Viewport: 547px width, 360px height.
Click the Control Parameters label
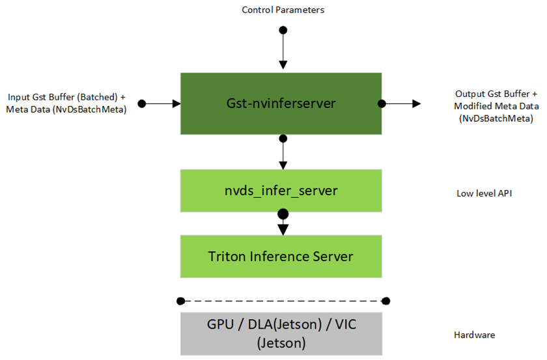pyautogui.click(x=283, y=10)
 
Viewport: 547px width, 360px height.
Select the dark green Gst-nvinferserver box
pyautogui.click(x=281, y=103)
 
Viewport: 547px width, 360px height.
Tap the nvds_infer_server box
pyautogui.click(x=281, y=191)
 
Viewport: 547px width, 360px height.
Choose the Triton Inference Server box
pyautogui.click(x=281, y=256)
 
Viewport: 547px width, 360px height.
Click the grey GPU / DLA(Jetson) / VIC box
pyautogui.click(x=281, y=333)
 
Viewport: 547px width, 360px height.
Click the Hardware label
pyautogui.click(x=474, y=335)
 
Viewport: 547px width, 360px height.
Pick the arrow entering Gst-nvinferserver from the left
pyautogui.click(x=163, y=104)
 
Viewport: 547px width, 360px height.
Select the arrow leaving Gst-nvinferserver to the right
pyautogui.click(x=404, y=104)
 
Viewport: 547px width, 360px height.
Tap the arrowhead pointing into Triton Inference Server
pyautogui.click(x=283, y=228)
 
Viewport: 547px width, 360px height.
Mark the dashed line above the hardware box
pyautogui.click(x=283, y=301)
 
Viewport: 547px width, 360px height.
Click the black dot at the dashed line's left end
pyautogui.click(x=180, y=301)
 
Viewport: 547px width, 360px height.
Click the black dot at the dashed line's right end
pyautogui.click(x=386, y=301)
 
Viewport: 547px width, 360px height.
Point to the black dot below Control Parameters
pyautogui.click(x=283, y=30)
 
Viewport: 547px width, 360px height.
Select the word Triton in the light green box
pyautogui.click(x=225, y=256)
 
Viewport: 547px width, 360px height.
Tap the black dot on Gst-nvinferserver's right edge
pyautogui.click(x=382, y=104)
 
